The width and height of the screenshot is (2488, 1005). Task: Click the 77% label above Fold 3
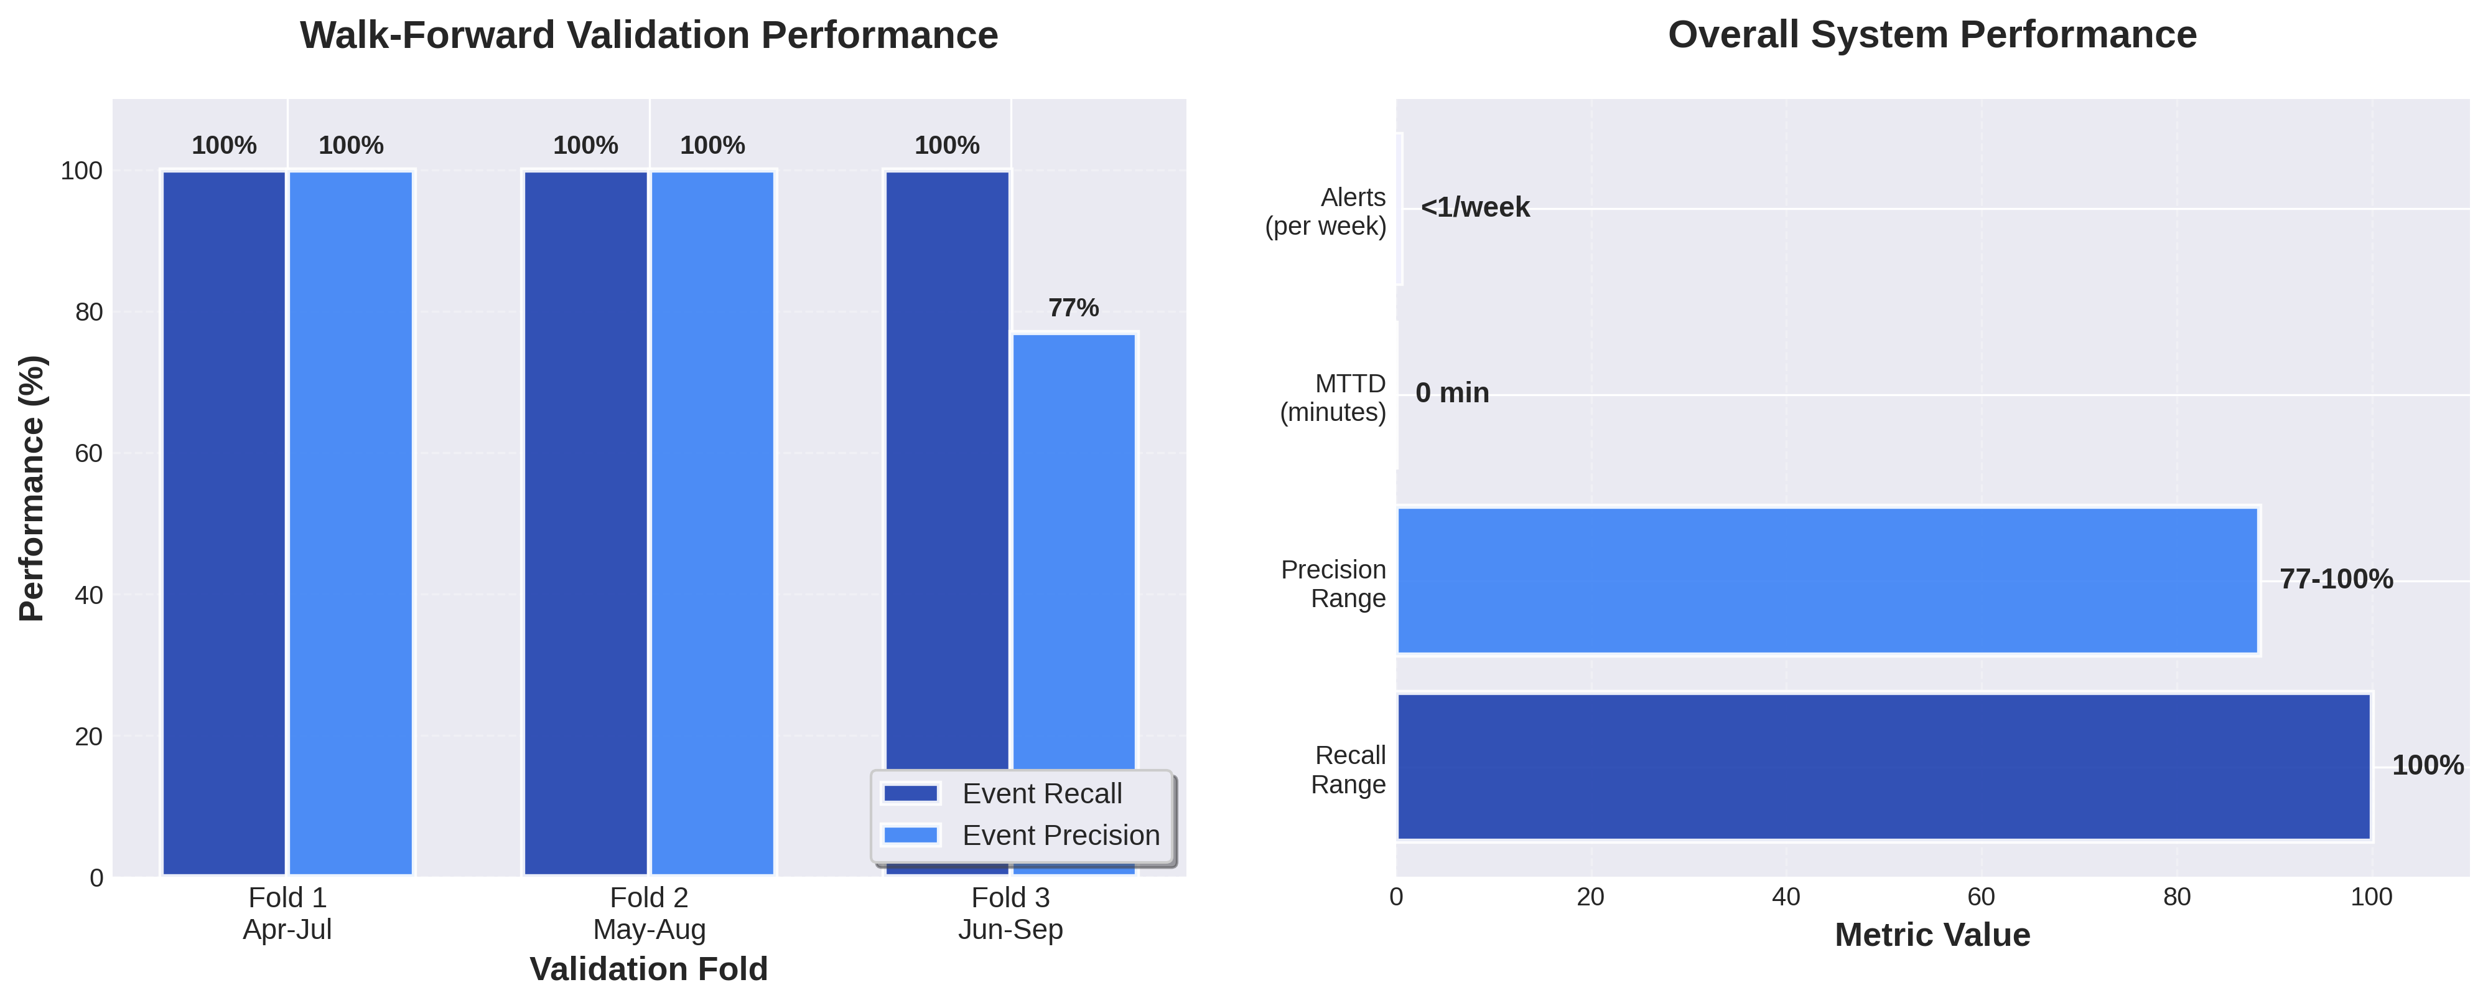(1073, 308)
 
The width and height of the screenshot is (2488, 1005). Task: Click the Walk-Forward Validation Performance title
(649, 35)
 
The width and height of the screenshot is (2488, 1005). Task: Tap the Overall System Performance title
(1932, 35)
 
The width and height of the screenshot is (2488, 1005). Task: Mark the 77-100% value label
(2336, 580)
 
